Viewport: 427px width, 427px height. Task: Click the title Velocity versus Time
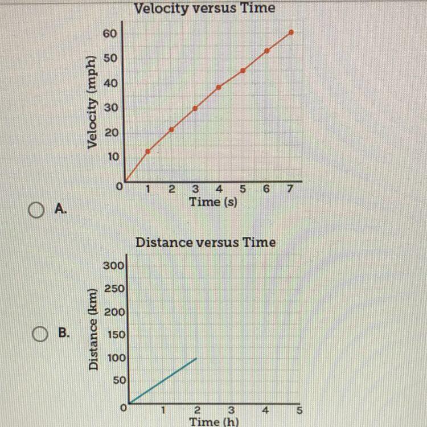204,8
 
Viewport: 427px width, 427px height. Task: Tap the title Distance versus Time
206,243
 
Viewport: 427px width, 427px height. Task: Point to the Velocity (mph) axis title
92,102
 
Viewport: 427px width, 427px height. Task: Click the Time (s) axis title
213,201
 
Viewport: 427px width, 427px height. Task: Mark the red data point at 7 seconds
291,32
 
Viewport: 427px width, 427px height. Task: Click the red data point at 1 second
148,151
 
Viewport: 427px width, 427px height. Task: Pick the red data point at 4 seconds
219,87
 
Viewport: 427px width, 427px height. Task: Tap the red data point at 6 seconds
267,51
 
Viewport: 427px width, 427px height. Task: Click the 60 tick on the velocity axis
110,34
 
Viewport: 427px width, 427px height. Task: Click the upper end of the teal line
196,358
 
